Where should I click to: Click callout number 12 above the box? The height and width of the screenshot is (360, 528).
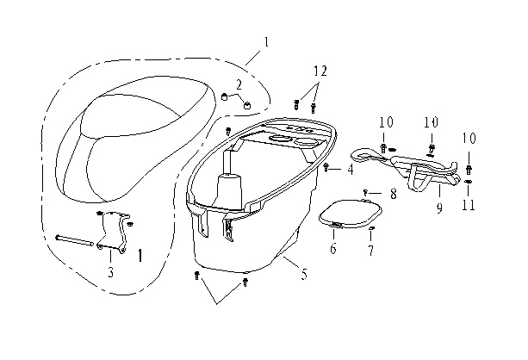(320, 71)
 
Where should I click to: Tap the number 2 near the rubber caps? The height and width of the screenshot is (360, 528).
(239, 85)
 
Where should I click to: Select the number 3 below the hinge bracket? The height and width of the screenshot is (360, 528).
(111, 272)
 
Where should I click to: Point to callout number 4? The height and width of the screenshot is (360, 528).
(351, 170)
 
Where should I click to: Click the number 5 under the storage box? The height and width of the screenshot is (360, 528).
(304, 274)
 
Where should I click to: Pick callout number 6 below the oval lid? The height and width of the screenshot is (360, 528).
(333, 249)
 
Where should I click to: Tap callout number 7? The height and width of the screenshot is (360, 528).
(370, 251)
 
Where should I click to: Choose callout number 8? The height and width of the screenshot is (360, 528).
(394, 194)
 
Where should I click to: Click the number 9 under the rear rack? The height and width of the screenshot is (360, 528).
(439, 208)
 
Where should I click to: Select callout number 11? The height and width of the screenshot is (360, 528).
(469, 205)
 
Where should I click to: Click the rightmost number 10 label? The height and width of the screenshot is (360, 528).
(469, 139)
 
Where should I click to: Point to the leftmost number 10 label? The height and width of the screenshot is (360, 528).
(386, 122)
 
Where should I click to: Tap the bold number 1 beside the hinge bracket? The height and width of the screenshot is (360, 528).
(140, 256)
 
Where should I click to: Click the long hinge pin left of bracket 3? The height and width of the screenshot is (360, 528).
(74, 239)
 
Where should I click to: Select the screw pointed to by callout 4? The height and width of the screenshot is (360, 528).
(326, 166)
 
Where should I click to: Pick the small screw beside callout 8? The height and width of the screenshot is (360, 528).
(366, 192)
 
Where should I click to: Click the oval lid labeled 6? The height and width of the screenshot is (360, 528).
(351, 214)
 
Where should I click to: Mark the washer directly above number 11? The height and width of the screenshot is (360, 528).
(468, 181)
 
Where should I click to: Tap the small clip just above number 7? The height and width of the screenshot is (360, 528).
(371, 229)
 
